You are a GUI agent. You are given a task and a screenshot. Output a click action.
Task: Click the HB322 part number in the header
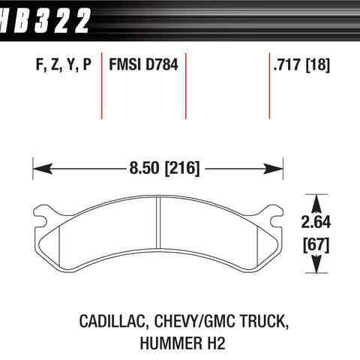pos(44,20)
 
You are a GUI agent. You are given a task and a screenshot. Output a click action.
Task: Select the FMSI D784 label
pos(143,64)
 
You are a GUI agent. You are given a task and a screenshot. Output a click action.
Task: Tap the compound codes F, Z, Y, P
pos(64,64)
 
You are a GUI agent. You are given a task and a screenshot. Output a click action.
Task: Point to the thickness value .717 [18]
pos(301,64)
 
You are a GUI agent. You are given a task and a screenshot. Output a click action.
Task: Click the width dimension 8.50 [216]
pos(164,168)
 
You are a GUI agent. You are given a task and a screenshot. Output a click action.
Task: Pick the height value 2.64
pos(316,222)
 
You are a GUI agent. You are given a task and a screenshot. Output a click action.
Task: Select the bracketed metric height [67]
pos(316,245)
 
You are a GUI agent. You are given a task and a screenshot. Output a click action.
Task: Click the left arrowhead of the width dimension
pos(43,169)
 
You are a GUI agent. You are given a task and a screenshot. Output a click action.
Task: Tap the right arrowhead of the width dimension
pos(273,169)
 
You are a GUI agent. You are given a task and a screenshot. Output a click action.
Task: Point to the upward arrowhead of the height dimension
pos(316,204)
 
